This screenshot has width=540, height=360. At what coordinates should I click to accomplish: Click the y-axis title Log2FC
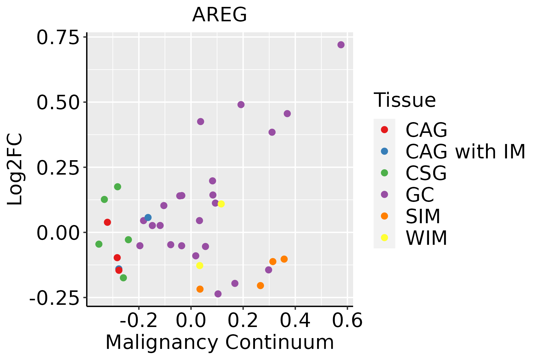(15, 169)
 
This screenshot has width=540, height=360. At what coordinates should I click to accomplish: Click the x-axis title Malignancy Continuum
(220, 342)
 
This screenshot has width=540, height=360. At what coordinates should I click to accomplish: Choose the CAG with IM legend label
(465, 151)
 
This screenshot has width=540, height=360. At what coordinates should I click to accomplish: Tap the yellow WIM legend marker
(384, 238)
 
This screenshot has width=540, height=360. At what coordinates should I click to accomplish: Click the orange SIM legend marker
(384, 216)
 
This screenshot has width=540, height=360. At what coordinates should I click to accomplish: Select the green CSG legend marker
(384, 173)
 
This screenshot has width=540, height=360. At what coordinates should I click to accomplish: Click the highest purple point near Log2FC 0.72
(341, 45)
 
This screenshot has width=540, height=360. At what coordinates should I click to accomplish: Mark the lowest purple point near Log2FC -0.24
(218, 294)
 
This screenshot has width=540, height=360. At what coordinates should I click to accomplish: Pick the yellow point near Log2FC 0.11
(221, 204)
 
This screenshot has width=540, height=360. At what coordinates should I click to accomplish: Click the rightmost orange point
(284, 259)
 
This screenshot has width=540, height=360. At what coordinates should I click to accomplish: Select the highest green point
(118, 187)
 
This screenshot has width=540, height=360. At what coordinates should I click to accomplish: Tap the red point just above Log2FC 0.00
(107, 222)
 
